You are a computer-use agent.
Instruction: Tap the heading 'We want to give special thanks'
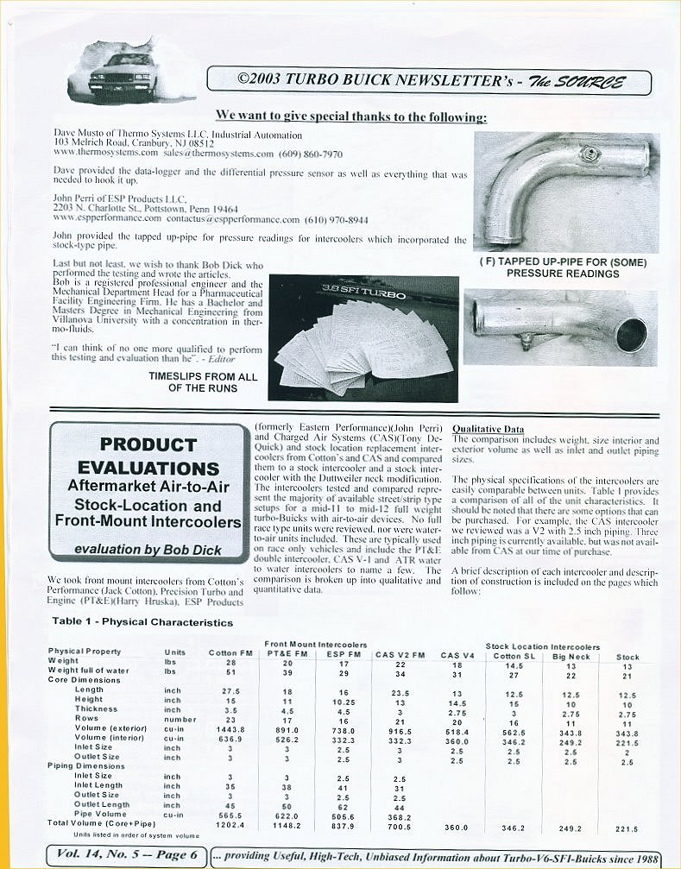[350, 116]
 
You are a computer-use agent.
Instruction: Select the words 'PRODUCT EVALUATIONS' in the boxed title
[148, 457]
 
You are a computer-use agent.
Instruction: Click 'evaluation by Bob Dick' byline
[148, 550]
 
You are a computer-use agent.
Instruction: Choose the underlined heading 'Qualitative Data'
[488, 429]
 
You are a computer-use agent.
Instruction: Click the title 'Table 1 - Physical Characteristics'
[142, 621]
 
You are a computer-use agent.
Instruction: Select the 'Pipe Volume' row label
[103, 814]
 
